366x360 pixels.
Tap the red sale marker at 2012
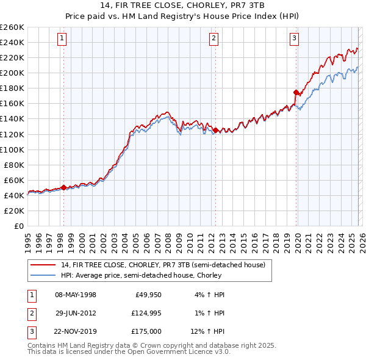(215, 129)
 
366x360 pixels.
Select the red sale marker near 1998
(63, 188)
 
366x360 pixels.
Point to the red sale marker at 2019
(296, 92)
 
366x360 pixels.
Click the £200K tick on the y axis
(12, 73)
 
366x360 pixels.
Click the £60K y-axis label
(13, 180)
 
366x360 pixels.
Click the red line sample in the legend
(43, 265)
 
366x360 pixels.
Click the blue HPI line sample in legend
(43, 275)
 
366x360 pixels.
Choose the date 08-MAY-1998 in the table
(76, 295)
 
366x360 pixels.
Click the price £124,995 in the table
(145, 313)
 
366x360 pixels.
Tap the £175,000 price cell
(145, 331)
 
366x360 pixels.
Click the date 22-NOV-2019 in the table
(76, 331)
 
